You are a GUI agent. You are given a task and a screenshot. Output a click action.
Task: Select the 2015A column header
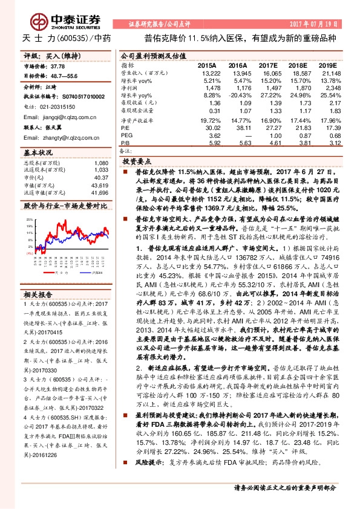206,65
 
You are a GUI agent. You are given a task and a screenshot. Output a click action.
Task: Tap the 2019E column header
327,65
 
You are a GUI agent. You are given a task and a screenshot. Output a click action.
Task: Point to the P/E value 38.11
237,128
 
